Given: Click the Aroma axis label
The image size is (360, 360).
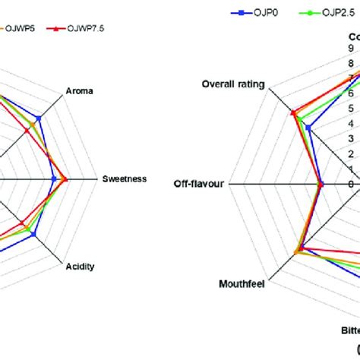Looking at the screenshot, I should click(80, 91).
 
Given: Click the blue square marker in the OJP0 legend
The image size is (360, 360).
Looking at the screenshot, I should click(240, 13).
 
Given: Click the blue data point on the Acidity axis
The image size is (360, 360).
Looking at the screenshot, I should click(33, 235).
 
